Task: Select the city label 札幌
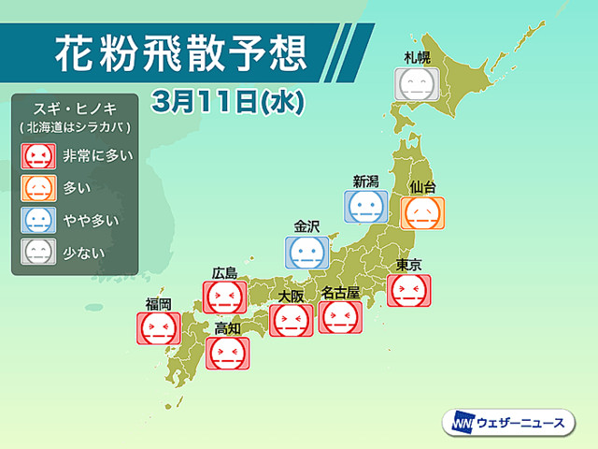417,58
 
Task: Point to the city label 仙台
422,188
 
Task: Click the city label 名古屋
340,293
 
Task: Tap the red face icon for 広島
224,297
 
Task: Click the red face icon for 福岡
158,327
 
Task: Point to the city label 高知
227,327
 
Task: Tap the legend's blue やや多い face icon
39,220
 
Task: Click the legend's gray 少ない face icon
39,251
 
